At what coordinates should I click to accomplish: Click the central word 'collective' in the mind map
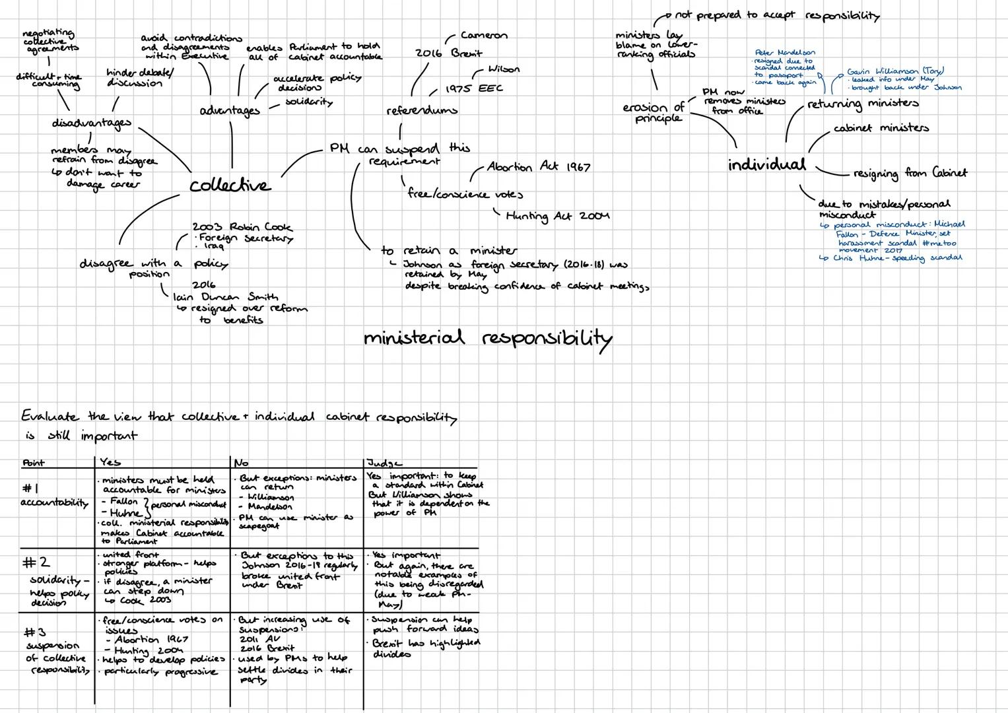pyautogui.click(x=230, y=186)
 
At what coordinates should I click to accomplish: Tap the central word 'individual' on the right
pyautogui.click(x=766, y=164)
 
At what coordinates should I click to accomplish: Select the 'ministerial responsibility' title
pyautogui.click(x=487, y=338)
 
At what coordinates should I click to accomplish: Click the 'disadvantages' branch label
pyautogui.click(x=91, y=123)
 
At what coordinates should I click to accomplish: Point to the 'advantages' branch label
pyautogui.click(x=230, y=111)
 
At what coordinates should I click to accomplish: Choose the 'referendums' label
pyautogui.click(x=421, y=110)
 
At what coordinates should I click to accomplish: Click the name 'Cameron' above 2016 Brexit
pyautogui.click(x=484, y=36)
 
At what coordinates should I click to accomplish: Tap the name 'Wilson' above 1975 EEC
pyautogui.click(x=504, y=69)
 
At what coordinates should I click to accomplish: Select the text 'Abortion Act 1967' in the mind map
pyautogui.click(x=538, y=167)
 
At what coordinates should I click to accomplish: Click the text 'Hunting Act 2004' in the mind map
pyautogui.click(x=557, y=216)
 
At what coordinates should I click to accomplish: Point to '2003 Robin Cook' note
pyautogui.click(x=242, y=226)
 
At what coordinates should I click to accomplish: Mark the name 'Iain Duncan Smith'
pyautogui.click(x=225, y=297)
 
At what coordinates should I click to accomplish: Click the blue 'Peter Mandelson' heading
pyautogui.click(x=785, y=52)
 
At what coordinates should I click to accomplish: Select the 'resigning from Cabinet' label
pyautogui.click(x=910, y=173)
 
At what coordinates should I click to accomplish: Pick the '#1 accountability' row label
pyautogui.click(x=54, y=496)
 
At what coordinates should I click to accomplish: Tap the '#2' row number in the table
pyautogui.click(x=36, y=562)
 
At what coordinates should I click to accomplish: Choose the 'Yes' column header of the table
pyautogui.click(x=110, y=463)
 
